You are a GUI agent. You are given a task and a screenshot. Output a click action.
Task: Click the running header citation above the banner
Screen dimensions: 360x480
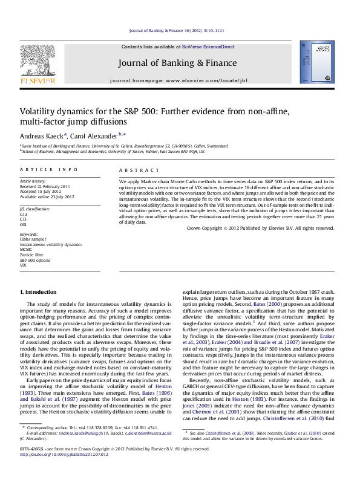click(x=179, y=30)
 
